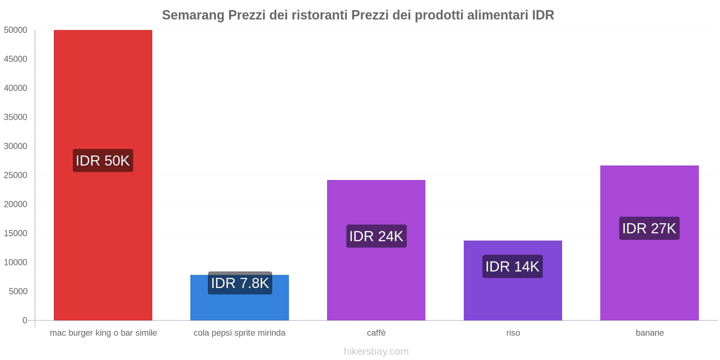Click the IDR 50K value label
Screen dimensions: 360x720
[103, 161]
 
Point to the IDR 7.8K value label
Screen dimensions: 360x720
[240, 283]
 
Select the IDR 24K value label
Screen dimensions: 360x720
[376, 236]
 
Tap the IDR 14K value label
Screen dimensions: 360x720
[512, 266]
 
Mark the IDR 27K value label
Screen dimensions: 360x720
[649, 229]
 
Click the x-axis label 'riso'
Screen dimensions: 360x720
[513, 333]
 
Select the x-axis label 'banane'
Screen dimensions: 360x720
[650, 333]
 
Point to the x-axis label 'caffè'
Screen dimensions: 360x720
[376, 333]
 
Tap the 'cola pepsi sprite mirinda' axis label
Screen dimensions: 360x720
[239, 333]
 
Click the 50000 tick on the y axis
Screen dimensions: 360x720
[16, 30]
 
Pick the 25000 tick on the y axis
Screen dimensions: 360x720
[16, 175]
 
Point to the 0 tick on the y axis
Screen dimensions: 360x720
[25, 320]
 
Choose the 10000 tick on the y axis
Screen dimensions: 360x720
[16, 262]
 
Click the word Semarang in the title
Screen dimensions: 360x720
[193, 15]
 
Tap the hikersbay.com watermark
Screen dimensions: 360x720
[376, 351]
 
